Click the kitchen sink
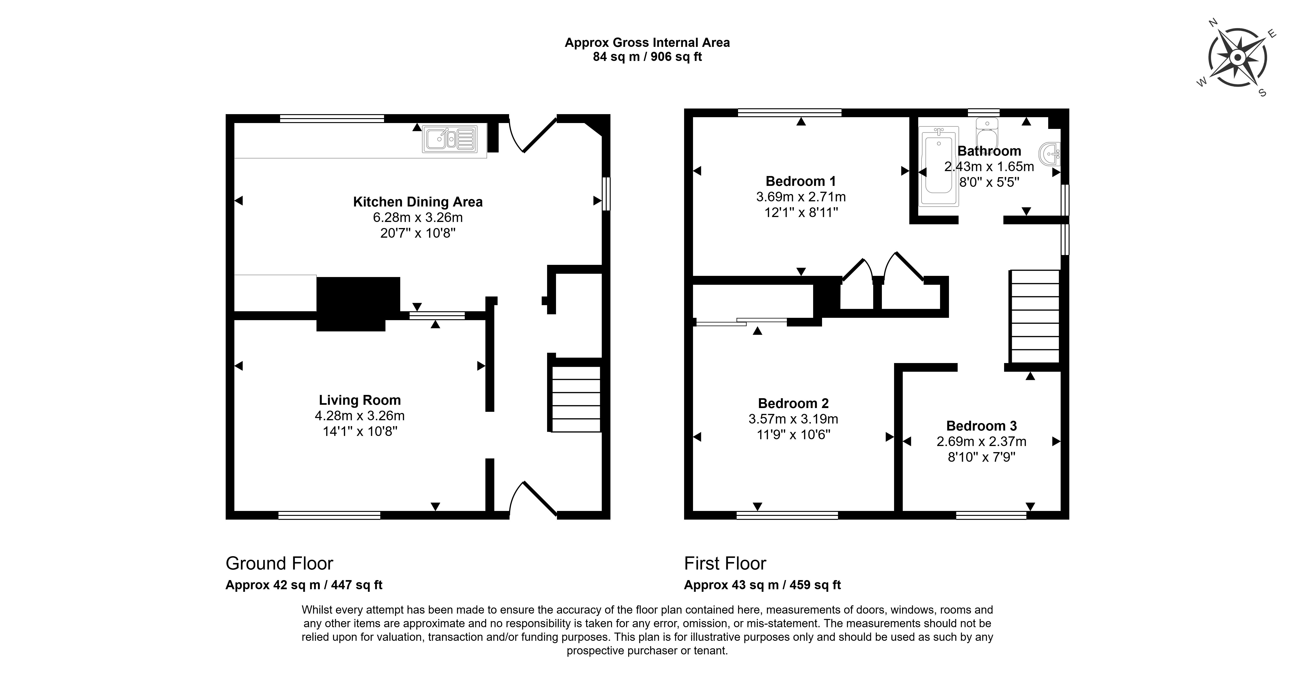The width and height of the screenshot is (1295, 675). pyautogui.click(x=449, y=139)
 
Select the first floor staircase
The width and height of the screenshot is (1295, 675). pyautogui.click(x=1035, y=316)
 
